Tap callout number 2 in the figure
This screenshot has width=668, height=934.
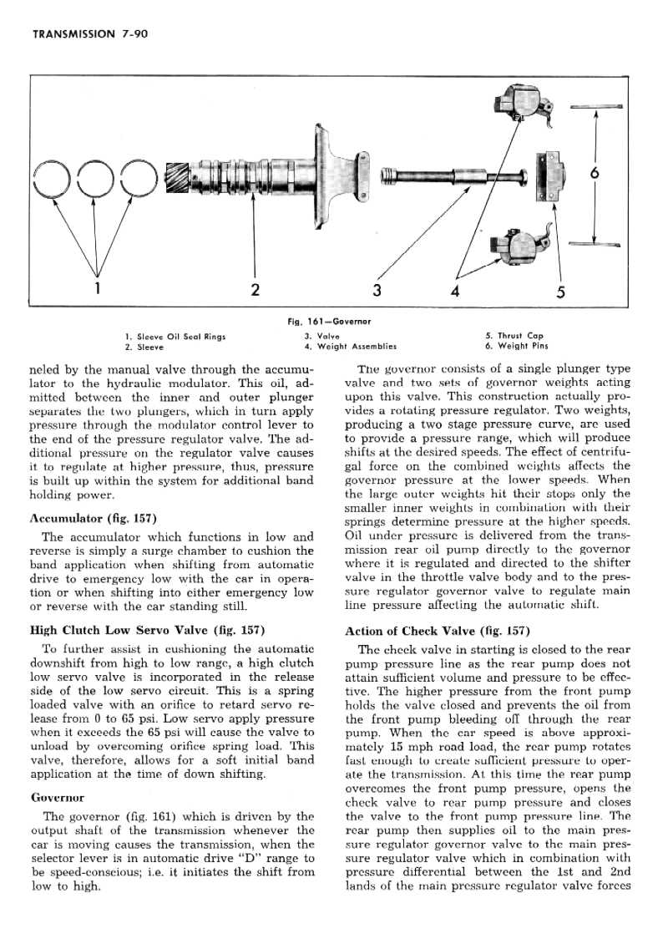pos(255,290)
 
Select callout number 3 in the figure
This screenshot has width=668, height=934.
pos(377,290)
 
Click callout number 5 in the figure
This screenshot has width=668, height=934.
pos(560,292)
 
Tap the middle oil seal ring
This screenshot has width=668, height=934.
pos(97,178)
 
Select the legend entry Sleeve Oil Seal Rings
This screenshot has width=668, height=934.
pos(175,336)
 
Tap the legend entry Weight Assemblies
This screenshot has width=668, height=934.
pos(350,346)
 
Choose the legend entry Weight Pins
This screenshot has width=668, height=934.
pos(517,346)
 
